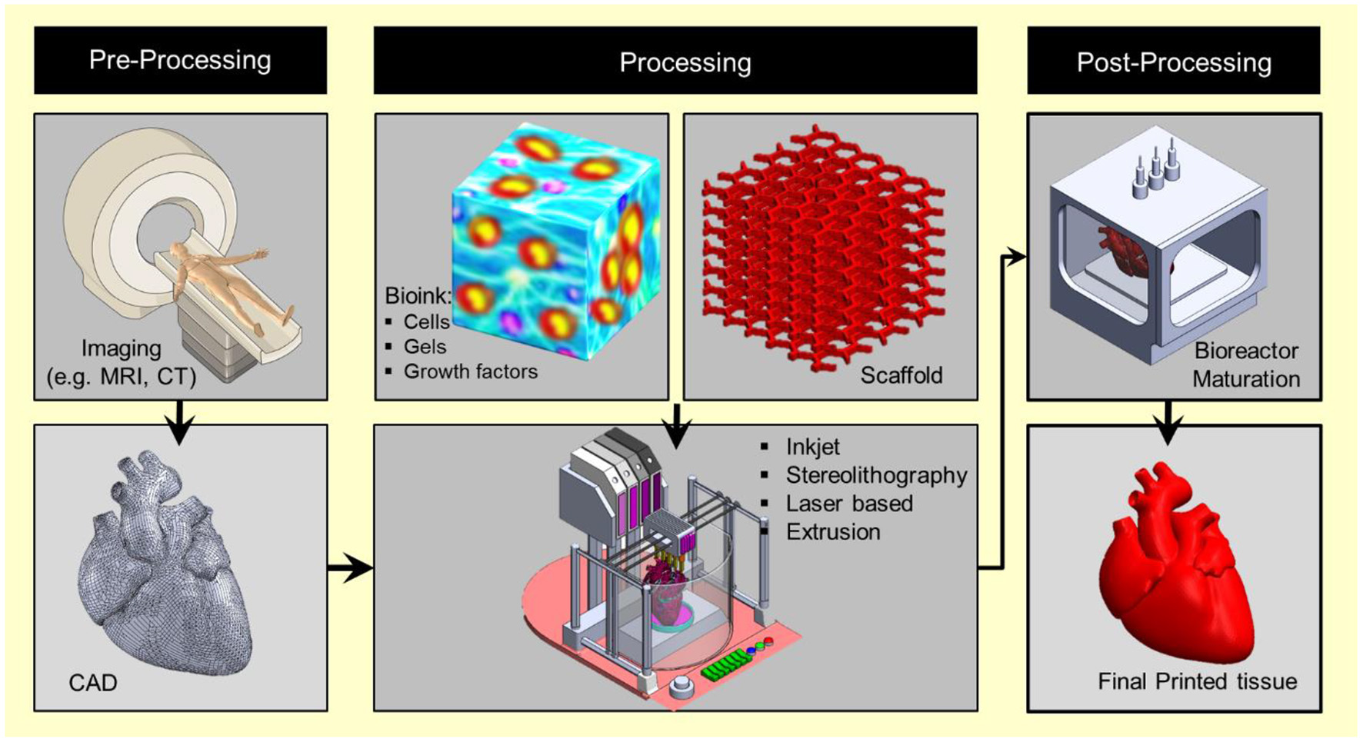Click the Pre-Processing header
180,60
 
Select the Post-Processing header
1174,62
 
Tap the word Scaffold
901,375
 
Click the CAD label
93,682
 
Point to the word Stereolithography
876,475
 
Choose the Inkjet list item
812,447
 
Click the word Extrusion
833,531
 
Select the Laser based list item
849,504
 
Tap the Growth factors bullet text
470,371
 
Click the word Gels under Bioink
425,347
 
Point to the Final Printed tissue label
1197,681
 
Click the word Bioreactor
1246,351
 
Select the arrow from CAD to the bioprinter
350,568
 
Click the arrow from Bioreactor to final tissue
1168,422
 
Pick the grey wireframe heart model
165,569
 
